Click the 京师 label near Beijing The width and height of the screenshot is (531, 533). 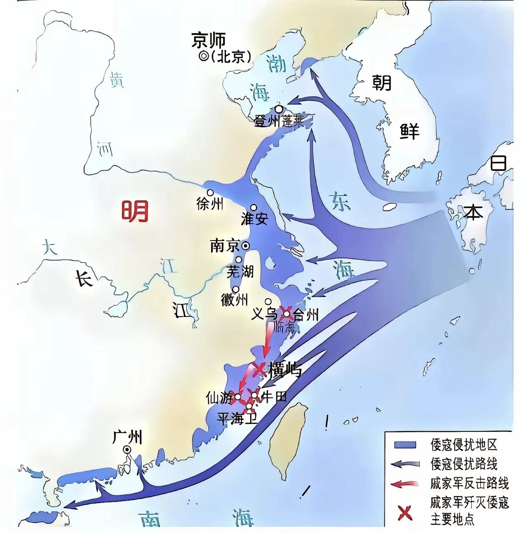pos(209,40)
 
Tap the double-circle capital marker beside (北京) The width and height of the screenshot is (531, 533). pos(204,57)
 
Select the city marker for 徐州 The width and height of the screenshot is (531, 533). pos(210,193)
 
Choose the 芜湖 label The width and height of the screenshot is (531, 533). pos(240,272)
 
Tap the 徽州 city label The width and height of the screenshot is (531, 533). pos(234,300)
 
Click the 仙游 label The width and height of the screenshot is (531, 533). pos(219,398)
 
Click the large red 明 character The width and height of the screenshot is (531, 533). pos(134,211)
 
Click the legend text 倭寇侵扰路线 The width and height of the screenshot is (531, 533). pos(464,464)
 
